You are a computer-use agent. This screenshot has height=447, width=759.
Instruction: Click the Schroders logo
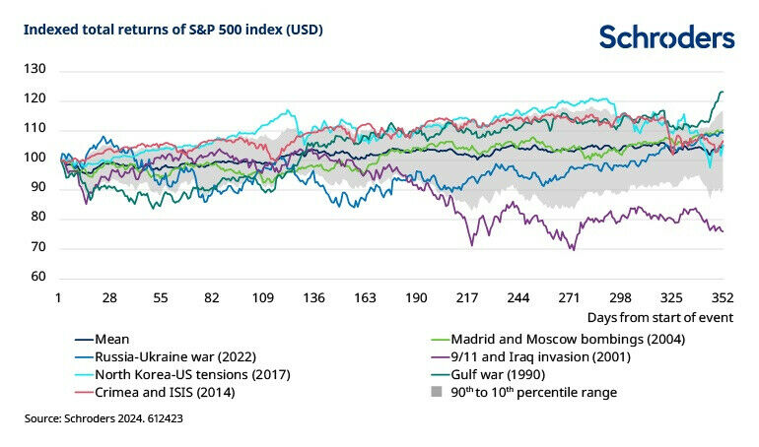click(x=666, y=37)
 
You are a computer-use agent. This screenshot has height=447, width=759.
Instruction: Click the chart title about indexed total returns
click(x=173, y=30)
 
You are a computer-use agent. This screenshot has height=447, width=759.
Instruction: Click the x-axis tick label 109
click(x=262, y=297)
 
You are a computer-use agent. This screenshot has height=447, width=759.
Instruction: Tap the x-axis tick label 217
click(x=467, y=297)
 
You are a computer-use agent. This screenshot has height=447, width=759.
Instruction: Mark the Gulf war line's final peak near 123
click(x=721, y=92)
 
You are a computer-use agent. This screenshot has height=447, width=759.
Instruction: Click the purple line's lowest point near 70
click(x=573, y=250)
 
